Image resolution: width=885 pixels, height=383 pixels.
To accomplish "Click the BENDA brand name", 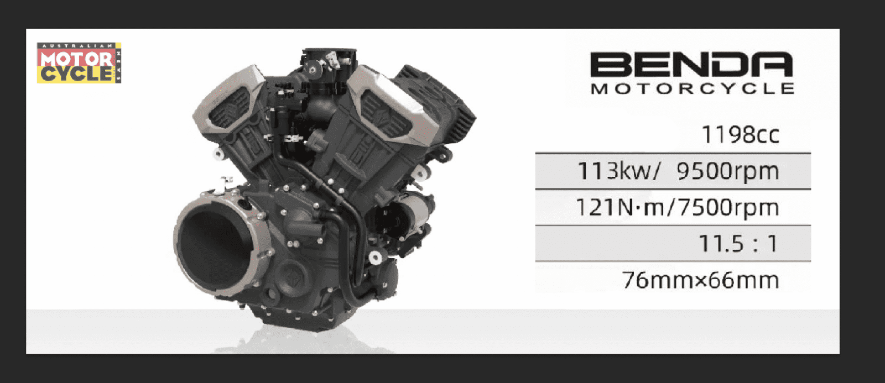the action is click(691, 64).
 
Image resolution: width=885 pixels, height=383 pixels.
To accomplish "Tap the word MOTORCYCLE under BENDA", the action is click(692, 88).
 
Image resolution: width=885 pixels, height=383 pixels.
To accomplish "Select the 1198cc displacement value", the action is click(741, 135).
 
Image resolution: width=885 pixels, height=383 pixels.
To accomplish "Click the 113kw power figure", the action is click(618, 171).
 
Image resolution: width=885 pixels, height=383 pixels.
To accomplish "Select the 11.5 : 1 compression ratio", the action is click(738, 243).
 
